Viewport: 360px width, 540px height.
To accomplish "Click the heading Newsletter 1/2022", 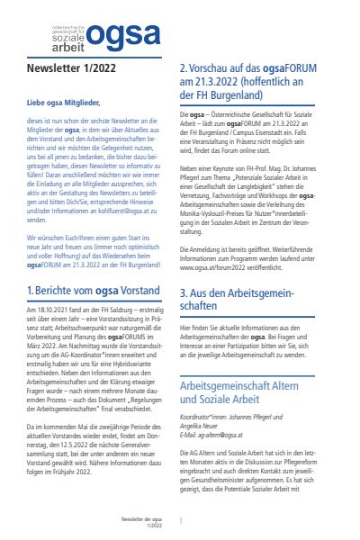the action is pyautogui.click(x=76, y=67).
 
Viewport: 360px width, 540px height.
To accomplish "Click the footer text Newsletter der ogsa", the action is pyautogui.click(x=145, y=519).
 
